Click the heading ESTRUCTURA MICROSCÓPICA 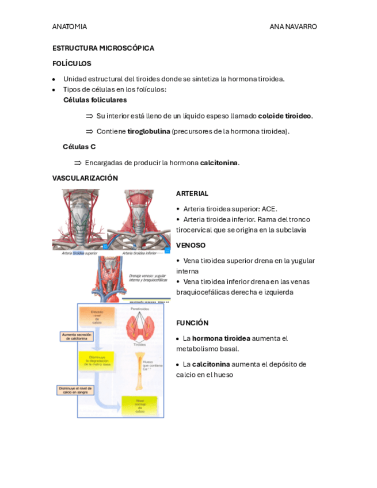[103, 48]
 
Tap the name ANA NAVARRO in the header [293, 26]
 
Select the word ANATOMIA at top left [70, 26]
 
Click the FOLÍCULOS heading [71, 64]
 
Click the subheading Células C [79, 147]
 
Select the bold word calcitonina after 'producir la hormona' [219, 163]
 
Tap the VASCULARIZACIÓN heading [85, 178]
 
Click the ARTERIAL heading [192, 194]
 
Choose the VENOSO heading [191, 245]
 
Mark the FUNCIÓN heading [192, 323]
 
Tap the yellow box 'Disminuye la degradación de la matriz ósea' [96, 361]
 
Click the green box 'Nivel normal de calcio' [140, 406]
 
